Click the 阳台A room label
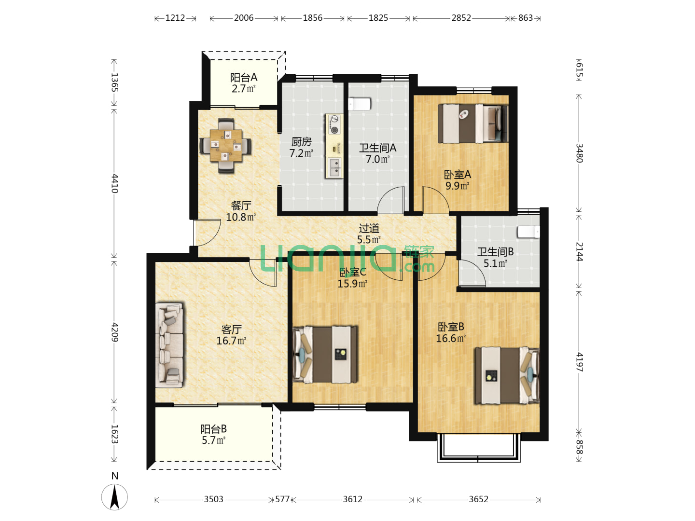(243, 78)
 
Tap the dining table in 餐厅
(225, 146)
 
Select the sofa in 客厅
(169, 345)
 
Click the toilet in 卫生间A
(360, 104)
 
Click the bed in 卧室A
(473, 123)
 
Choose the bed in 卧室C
(325, 355)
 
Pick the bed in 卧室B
(507, 376)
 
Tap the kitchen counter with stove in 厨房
(334, 146)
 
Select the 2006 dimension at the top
(243, 18)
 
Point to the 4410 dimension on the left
(114, 183)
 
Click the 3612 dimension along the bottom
(352, 499)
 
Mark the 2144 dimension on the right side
(579, 252)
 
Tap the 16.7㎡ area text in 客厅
(231, 341)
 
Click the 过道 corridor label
(369, 228)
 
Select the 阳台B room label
(213, 429)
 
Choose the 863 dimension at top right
(525, 18)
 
